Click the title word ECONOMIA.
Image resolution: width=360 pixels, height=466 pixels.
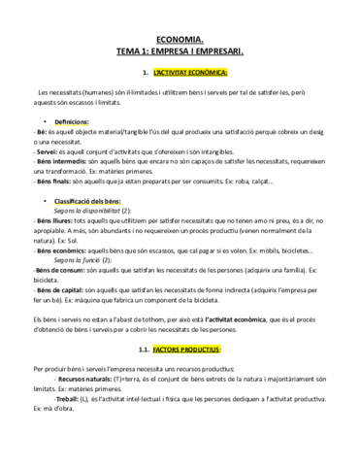[180, 37]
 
